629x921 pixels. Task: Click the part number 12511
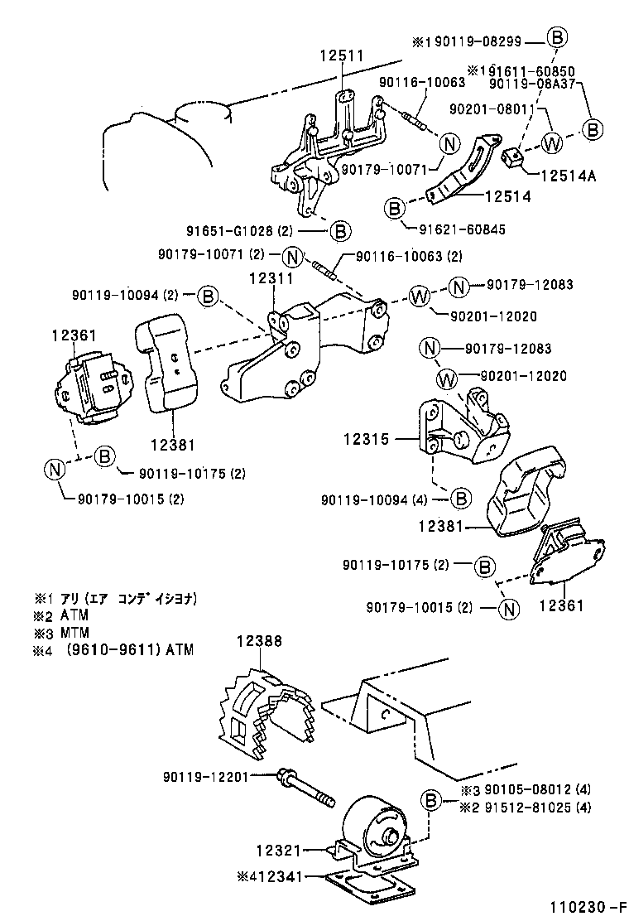342,55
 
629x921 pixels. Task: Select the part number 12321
277,850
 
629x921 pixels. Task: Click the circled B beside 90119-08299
557,37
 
